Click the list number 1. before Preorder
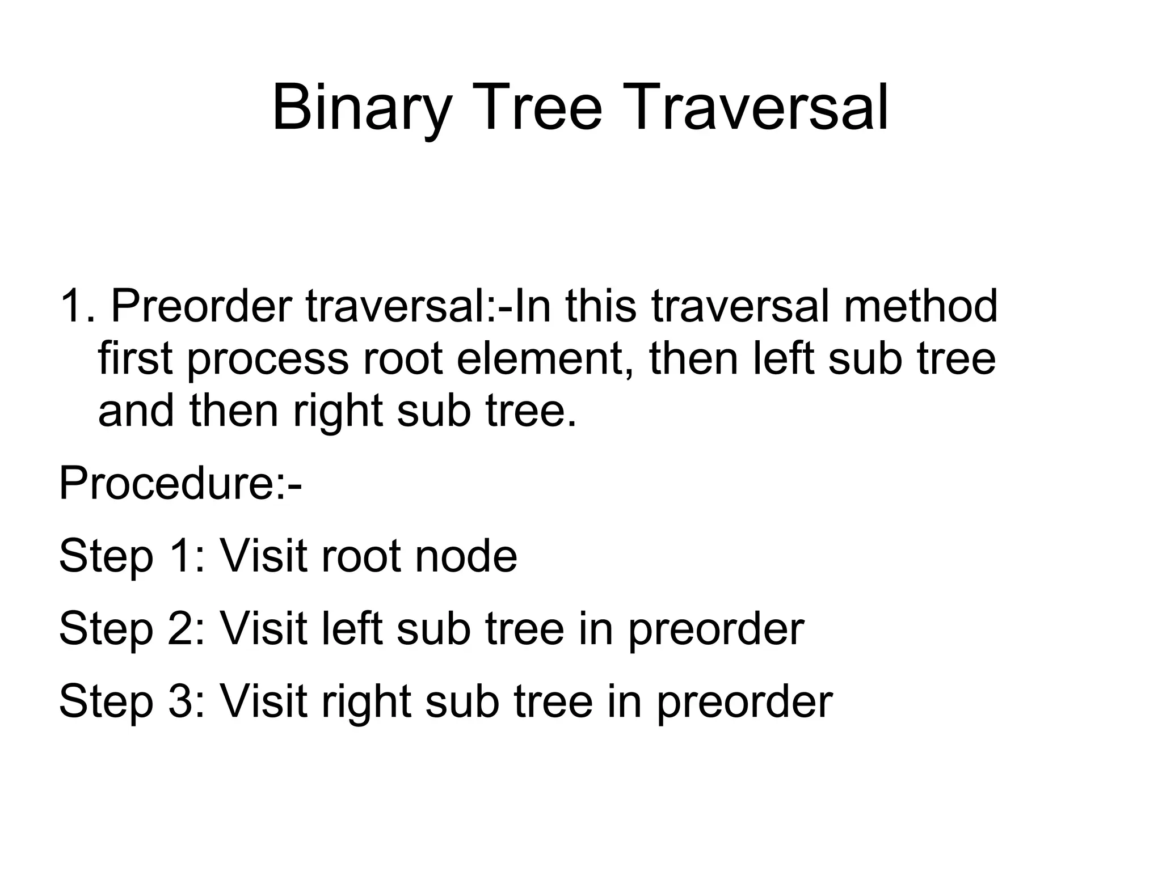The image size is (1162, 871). [78, 306]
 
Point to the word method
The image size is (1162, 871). [920, 306]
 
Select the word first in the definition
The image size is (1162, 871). [135, 360]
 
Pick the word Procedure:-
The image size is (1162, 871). [180, 483]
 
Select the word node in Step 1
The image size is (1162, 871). [466, 556]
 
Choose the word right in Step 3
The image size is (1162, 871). [366, 702]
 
